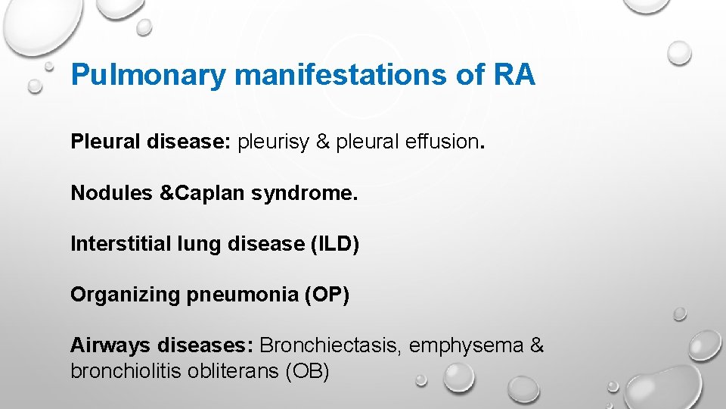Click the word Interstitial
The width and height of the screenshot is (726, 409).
[x=121, y=244]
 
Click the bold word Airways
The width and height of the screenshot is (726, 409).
[x=110, y=345]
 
